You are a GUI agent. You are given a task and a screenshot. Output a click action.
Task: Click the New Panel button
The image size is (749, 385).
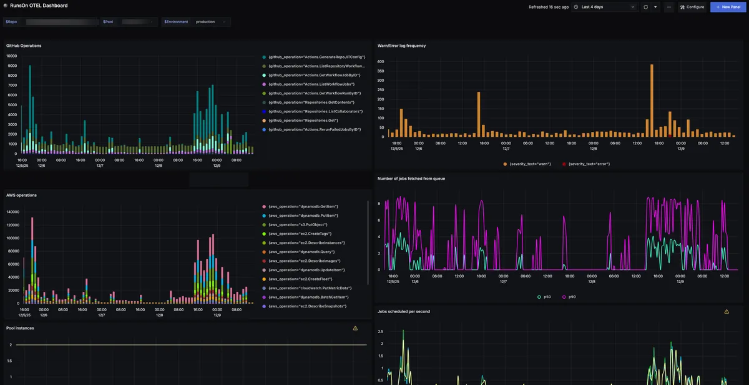(728, 7)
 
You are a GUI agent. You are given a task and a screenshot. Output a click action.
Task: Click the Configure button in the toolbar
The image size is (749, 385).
(692, 7)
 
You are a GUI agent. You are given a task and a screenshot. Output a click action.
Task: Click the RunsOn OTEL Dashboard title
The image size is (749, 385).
(39, 6)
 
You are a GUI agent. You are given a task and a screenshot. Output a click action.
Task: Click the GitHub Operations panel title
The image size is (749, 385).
(24, 46)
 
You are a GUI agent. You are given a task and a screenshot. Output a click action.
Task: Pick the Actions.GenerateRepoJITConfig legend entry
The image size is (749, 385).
(316, 57)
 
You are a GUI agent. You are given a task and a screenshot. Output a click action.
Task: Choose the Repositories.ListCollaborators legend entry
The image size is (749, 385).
(315, 111)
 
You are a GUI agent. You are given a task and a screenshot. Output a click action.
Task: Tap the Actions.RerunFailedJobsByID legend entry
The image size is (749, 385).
(315, 129)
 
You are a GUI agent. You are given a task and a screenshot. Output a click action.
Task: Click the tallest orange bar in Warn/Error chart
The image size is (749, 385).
(651, 100)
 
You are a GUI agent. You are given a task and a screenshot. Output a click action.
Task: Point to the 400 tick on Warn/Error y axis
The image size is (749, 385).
(380, 62)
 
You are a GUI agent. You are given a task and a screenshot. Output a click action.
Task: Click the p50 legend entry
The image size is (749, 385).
(544, 297)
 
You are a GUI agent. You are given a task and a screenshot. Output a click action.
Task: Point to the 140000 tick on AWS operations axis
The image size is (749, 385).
(12, 212)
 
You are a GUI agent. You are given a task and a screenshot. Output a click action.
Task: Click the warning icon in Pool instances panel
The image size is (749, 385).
(355, 328)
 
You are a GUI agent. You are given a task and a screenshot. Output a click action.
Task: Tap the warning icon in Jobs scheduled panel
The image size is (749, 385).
(727, 311)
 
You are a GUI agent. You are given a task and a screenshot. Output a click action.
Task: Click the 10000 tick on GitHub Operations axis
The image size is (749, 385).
(12, 56)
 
